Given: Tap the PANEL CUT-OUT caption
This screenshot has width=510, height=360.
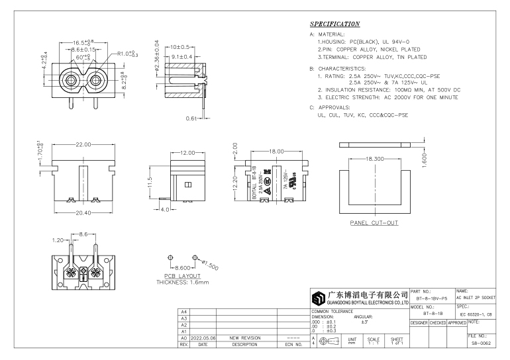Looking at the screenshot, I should (x=374, y=223).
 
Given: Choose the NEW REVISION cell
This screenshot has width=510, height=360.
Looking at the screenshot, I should (x=244, y=337).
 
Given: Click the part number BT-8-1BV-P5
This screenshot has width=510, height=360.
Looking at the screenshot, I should (x=432, y=298).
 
